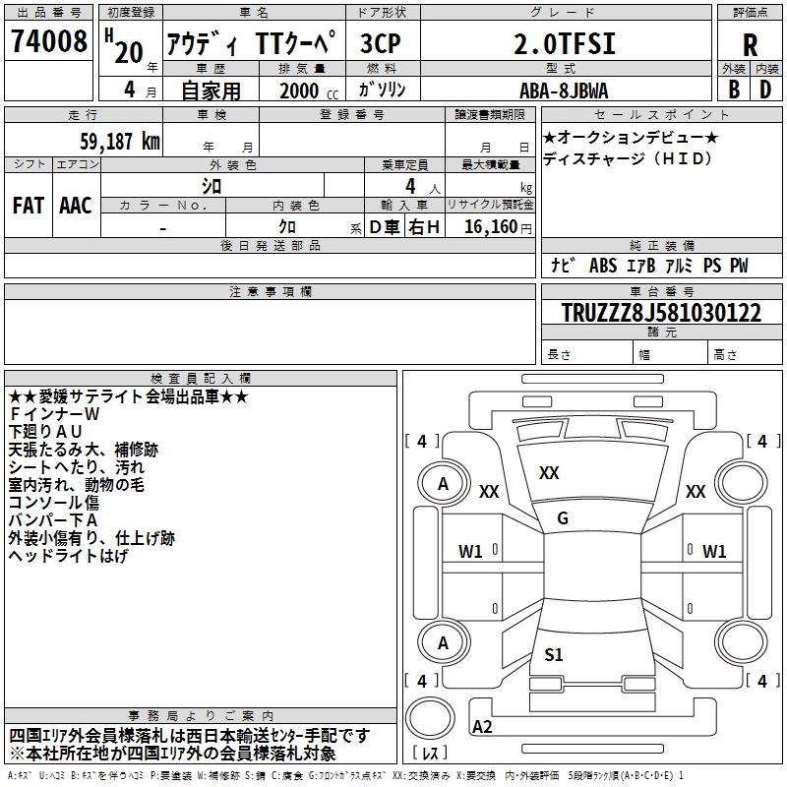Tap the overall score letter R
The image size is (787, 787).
pyautogui.click(x=750, y=45)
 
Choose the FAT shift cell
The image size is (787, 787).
pyautogui.click(x=29, y=205)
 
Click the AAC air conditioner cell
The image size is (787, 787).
pyautogui.click(x=75, y=205)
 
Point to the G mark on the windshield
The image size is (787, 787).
pyautogui.click(x=562, y=518)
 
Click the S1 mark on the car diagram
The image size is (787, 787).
pyautogui.click(x=554, y=654)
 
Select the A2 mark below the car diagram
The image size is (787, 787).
pyautogui.click(x=483, y=727)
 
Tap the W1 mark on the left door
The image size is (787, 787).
pyautogui.click(x=471, y=552)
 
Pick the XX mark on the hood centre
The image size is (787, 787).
pyautogui.click(x=549, y=473)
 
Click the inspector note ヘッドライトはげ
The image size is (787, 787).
pyautogui.click(x=68, y=556)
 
